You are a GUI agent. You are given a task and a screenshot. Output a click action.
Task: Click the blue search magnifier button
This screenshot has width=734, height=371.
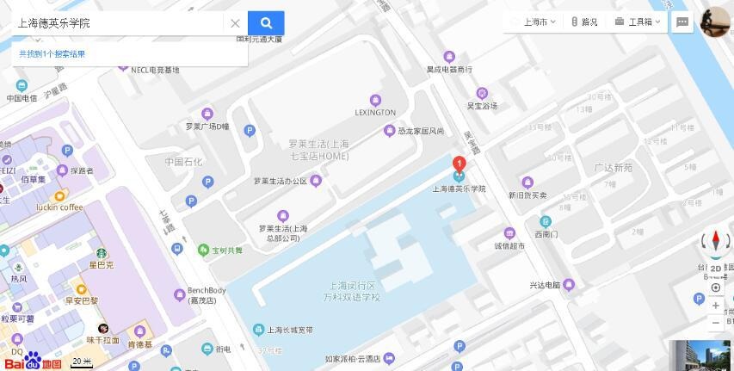pyautogui.click(x=266, y=23)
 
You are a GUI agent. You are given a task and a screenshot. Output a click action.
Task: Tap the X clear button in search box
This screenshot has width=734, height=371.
pyautogui.click(x=235, y=23)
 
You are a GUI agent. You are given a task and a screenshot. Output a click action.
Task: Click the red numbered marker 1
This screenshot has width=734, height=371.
pyautogui.click(x=460, y=164)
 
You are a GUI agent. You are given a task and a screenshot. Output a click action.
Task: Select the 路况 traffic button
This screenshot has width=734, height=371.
pyautogui.click(x=584, y=22)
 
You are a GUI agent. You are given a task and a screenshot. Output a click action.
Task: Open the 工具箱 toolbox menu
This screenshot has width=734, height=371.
pyautogui.click(x=638, y=22)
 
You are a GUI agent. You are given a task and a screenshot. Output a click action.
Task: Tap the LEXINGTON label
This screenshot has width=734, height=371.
pyautogui.click(x=375, y=112)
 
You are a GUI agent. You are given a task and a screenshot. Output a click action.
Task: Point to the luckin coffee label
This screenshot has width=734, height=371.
pyautogui.click(x=59, y=207)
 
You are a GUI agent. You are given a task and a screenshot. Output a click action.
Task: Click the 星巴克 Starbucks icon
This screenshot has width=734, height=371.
pyautogui.click(x=102, y=254)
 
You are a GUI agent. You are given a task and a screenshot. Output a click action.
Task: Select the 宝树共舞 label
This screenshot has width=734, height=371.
pyautogui.click(x=226, y=250)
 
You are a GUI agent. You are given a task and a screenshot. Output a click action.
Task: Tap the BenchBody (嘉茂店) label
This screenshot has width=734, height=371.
pyautogui.click(x=207, y=295)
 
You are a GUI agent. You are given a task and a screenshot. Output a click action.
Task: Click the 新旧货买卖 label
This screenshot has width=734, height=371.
pyautogui.click(x=527, y=195)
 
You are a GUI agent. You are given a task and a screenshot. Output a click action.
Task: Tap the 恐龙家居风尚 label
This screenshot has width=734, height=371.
pyautogui.click(x=420, y=131)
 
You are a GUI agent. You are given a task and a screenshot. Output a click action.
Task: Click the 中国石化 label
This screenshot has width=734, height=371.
pyautogui.click(x=183, y=162)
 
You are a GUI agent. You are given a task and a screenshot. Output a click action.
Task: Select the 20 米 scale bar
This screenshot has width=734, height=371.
pyautogui.click(x=82, y=362)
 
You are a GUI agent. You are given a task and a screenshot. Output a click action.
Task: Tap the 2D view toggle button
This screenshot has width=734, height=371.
pyautogui.click(x=716, y=269)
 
